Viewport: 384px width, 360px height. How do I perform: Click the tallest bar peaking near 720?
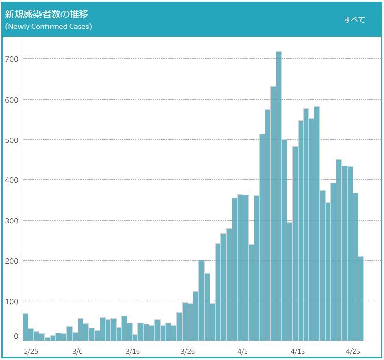pos(279,196)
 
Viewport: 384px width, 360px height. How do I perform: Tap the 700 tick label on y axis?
pos(13,59)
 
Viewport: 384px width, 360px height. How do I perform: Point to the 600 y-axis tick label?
pos(13,100)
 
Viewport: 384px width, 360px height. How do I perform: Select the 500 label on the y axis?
pos(13,140)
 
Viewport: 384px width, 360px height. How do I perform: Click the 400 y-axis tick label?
pos(13,180)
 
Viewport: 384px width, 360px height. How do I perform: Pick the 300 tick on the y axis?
pos(13,221)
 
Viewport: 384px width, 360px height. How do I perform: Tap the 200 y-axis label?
pos(13,261)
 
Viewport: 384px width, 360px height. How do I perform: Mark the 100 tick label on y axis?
pos(13,301)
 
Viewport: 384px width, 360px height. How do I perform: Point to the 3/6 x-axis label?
pos(78,351)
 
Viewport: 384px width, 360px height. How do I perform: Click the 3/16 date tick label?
pos(133,351)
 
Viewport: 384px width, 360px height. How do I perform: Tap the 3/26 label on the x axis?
pos(188,351)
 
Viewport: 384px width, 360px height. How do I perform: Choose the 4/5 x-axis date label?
pos(243,351)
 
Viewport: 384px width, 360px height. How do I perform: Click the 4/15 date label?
pos(298,351)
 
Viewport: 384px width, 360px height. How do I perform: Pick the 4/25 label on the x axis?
pos(353,351)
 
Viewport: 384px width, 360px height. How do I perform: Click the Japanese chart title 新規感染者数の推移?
pos(47,14)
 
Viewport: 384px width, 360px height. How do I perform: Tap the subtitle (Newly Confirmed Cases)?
pos(49,27)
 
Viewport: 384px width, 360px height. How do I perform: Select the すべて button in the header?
pos(354,20)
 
